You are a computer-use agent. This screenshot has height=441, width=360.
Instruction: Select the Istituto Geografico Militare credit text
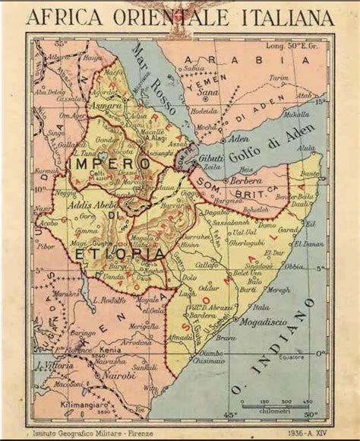click(87, 430)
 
